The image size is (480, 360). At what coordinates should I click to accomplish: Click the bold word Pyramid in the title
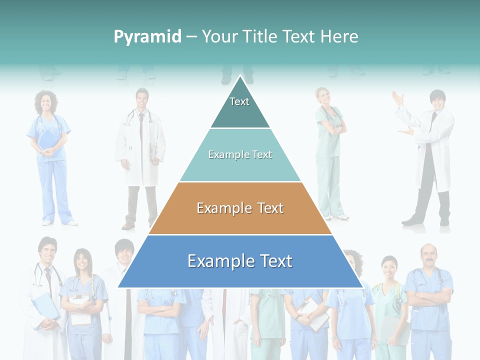point(147,36)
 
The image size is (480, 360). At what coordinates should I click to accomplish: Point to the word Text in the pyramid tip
point(239,101)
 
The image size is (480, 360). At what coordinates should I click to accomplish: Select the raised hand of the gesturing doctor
point(398,98)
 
